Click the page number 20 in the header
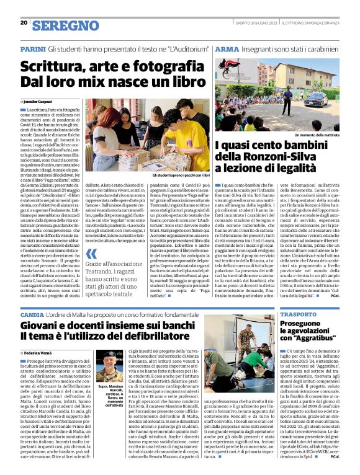pos(23,23)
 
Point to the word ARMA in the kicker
pos(227,47)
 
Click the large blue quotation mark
pos(91,252)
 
